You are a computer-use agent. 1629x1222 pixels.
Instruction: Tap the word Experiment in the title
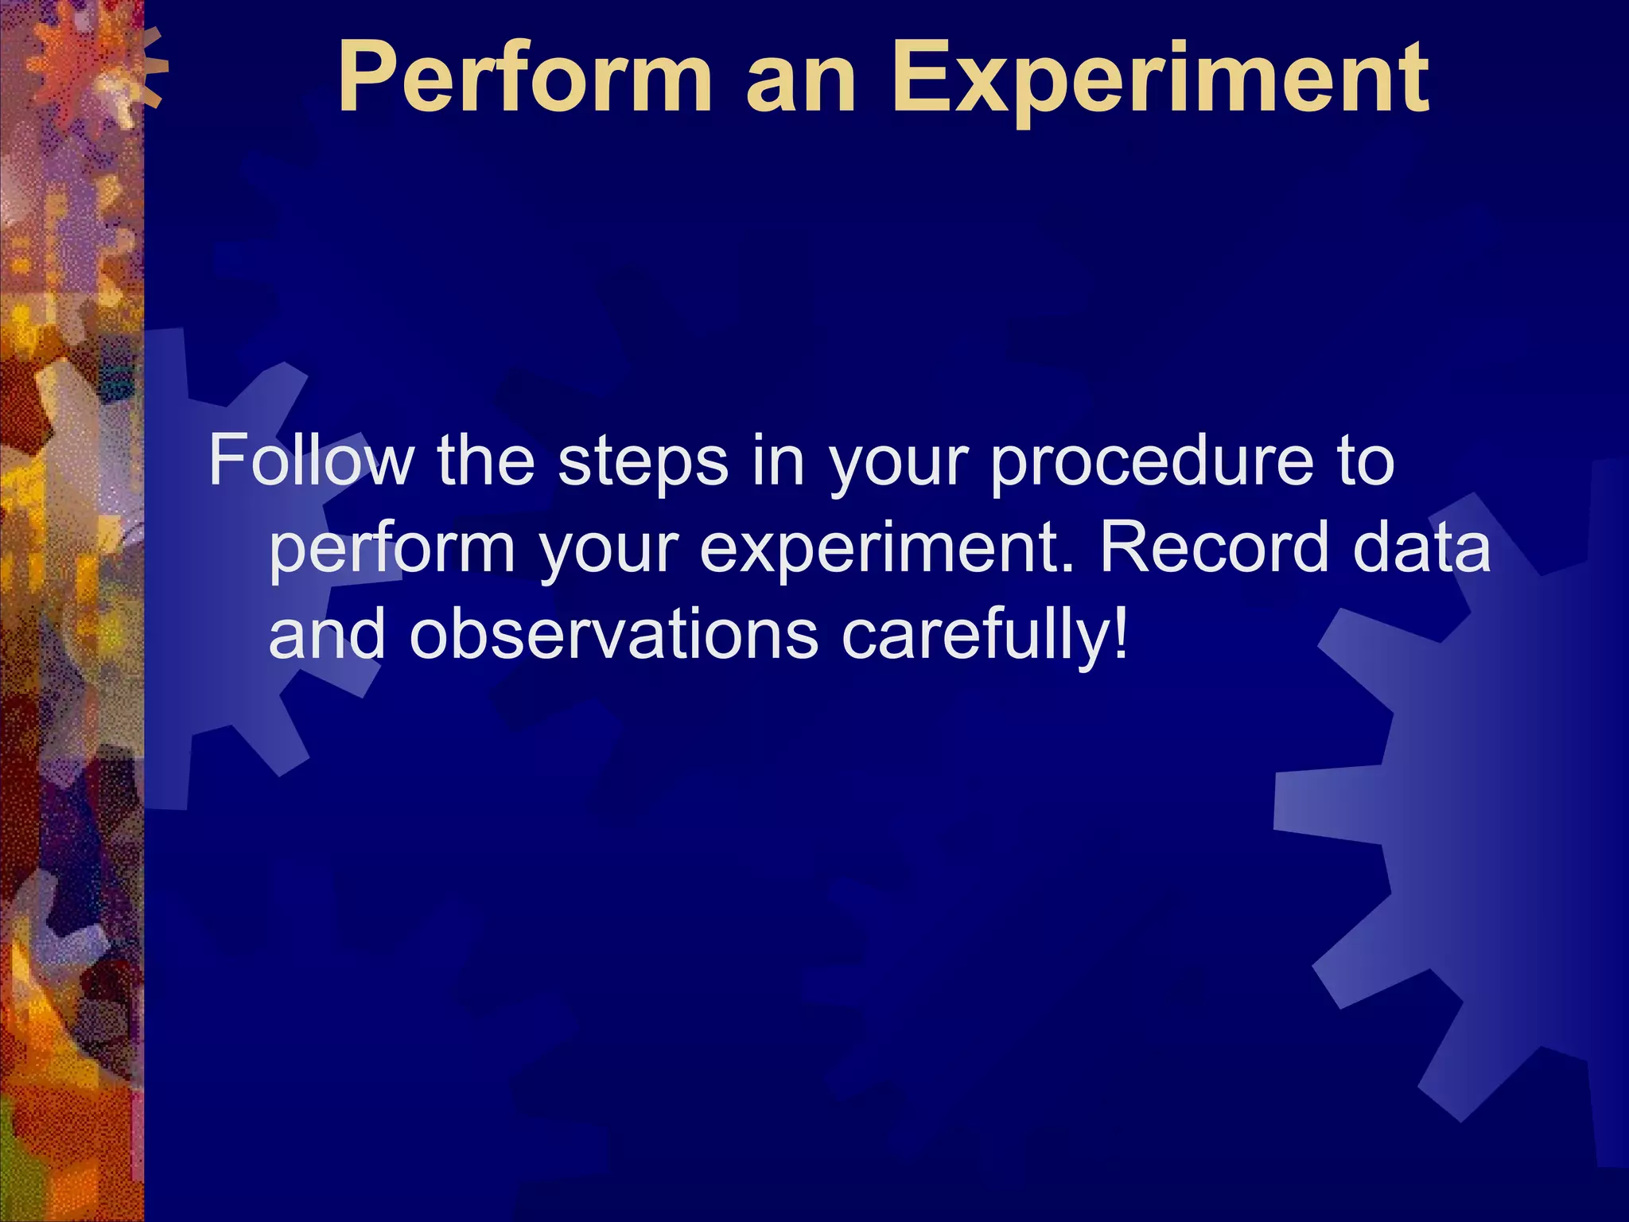click(1161, 80)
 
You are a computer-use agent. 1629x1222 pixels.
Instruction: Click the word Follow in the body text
click(311, 461)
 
